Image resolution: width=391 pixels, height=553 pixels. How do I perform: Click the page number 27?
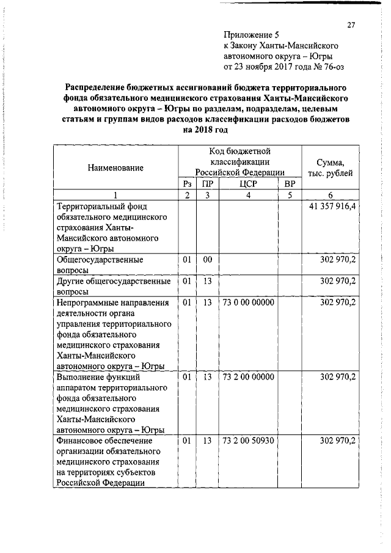pos(351,24)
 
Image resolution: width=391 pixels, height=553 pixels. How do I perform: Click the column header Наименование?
pos(115,167)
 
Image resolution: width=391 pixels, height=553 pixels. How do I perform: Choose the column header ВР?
pos(290,183)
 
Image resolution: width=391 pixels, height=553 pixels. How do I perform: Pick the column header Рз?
pos(188,183)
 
